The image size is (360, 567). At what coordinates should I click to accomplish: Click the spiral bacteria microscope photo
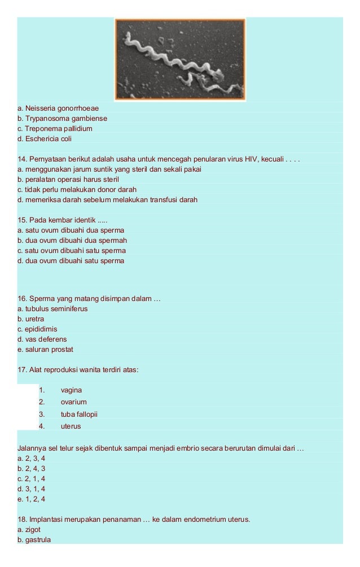181,59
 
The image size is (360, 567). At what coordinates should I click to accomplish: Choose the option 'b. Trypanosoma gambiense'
62,119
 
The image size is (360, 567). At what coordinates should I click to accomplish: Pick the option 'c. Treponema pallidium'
55,129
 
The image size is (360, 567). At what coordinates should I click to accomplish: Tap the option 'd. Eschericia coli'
45,139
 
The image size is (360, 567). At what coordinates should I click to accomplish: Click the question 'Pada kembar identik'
62,220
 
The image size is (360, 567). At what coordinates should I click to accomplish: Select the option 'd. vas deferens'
42,339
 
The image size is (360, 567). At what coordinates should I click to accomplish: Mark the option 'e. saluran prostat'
45,350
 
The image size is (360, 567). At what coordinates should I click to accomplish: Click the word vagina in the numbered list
72,390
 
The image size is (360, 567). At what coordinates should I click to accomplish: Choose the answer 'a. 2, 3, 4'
31,459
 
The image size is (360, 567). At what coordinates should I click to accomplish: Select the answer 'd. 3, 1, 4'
31,489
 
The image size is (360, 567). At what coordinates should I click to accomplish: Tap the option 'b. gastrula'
34,540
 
